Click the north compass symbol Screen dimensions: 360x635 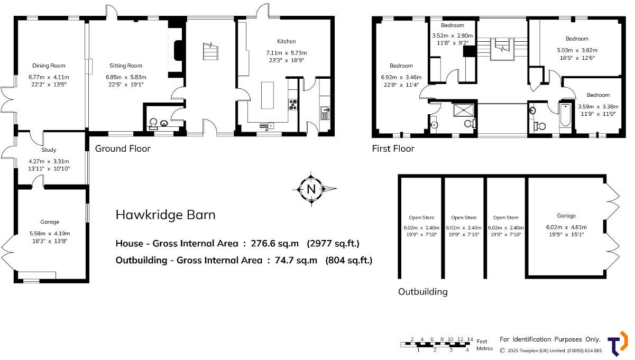pyautogui.click(x=311, y=189)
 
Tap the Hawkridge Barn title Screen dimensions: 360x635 pyautogui.click(x=165, y=215)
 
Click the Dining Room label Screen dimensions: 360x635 pyautogui.click(x=49, y=66)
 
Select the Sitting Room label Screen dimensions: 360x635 pyautogui.click(x=126, y=66)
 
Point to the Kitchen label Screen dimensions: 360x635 pyautogui.click(x=286, y=41)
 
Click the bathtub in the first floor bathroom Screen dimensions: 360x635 pyautogui.click(x=565, y=115)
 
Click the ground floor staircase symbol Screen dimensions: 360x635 pyautogui.click(x=210, y=53)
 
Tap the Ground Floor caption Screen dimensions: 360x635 pyautogui.click(x=123, y=149)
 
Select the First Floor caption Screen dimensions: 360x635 pyautogui.click(x=393, y=149)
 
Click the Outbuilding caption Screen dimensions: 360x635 pyautogui.click(x=422, y=292)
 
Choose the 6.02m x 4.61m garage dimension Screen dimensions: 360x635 pyautogui.click(x=566, y=228)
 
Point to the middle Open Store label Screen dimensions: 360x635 pyautogui.click(x=464, y=218)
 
